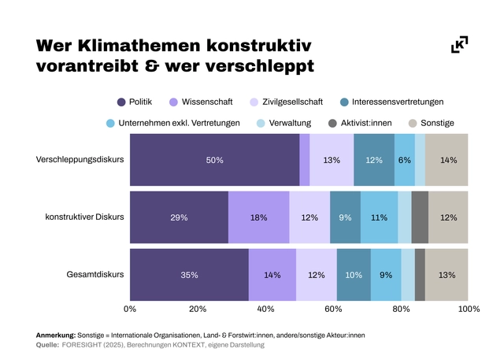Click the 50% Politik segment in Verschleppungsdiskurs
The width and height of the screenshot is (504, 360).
(x=215, y=160)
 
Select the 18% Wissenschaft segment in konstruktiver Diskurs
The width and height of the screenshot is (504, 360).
(x=258, y=217)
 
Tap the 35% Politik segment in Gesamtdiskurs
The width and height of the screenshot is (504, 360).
(x=189, y=275)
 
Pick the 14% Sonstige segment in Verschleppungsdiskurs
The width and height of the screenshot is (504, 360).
(x=448, y=160)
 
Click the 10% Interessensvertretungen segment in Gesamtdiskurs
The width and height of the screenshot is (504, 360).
(x=354, y=275)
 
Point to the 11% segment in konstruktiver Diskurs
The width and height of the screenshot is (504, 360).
(x=379, y=217)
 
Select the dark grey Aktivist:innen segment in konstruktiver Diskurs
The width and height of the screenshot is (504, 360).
(x=420, y=217)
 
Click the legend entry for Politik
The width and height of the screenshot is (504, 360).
(x=135, y=102)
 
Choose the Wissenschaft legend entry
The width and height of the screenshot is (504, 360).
(x=200, y=102)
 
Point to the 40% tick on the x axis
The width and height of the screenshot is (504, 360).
(x=265, y=310)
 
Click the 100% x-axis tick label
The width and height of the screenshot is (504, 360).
(x=469, y=310)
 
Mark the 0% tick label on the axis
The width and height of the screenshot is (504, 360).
(x=130, y=310)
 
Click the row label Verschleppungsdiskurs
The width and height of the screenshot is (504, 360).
(x=80, y=160)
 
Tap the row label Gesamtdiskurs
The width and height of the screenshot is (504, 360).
(x=94, y=275)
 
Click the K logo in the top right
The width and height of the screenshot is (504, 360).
(x=459, y=45)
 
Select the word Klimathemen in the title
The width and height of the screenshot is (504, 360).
(x=150, y=45)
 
